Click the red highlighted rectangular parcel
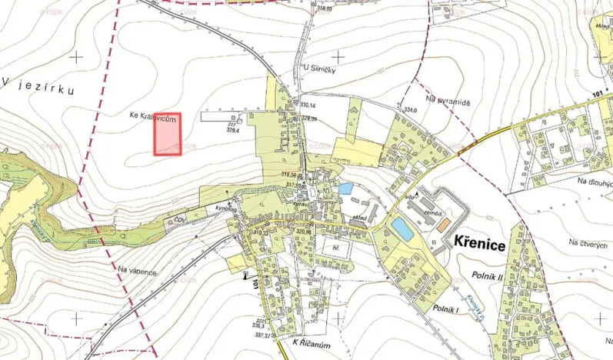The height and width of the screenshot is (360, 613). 168,134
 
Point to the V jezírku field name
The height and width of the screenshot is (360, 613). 38,89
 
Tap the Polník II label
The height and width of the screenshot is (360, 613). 485,275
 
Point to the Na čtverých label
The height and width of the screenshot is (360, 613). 588,243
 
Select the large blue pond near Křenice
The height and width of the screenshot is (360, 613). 401,228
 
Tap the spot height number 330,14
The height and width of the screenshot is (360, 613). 308,105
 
